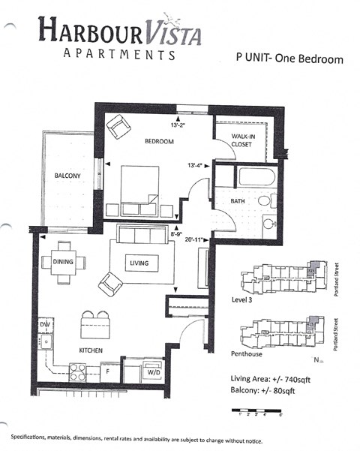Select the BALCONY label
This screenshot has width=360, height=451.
tap(67, 176)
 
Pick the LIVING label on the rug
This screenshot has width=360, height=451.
tap(139, 263)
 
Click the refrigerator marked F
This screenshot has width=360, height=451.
tap(107, 370)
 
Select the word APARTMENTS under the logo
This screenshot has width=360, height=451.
tap(120, 54)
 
